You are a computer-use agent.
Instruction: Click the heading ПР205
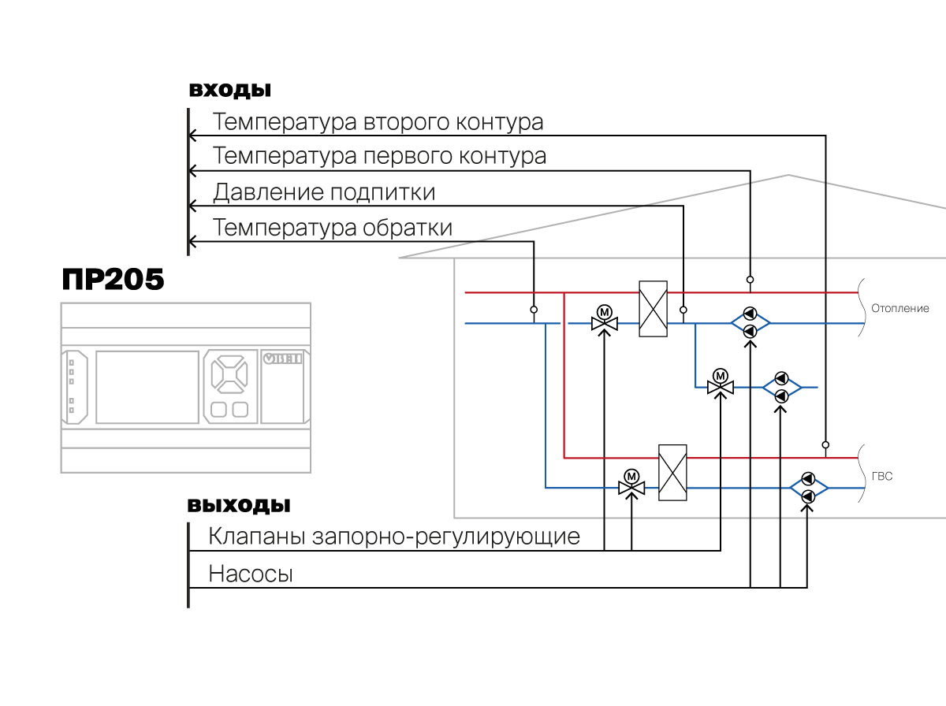tap(113, 280)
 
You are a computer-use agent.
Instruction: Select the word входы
tap(229, 89)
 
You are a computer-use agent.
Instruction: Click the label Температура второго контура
tap(378, 123)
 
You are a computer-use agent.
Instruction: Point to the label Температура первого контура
tap(379, 156)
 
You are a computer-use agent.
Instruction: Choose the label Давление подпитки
tap(323, 192)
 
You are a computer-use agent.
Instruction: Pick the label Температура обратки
tap(333, 229)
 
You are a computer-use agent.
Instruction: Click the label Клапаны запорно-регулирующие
tap(394, 537)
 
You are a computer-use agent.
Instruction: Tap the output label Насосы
tap(251, 574)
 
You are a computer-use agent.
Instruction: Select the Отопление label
tap(900, 309)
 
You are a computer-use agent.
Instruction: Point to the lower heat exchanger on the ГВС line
tap(672, 472)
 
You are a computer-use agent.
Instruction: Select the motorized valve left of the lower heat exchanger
tap(631, 483)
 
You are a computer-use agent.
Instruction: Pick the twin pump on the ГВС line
tap(808, 488)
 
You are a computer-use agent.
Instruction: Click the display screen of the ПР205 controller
tap(147, 386)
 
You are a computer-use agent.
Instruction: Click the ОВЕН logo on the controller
tap(283, 359)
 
